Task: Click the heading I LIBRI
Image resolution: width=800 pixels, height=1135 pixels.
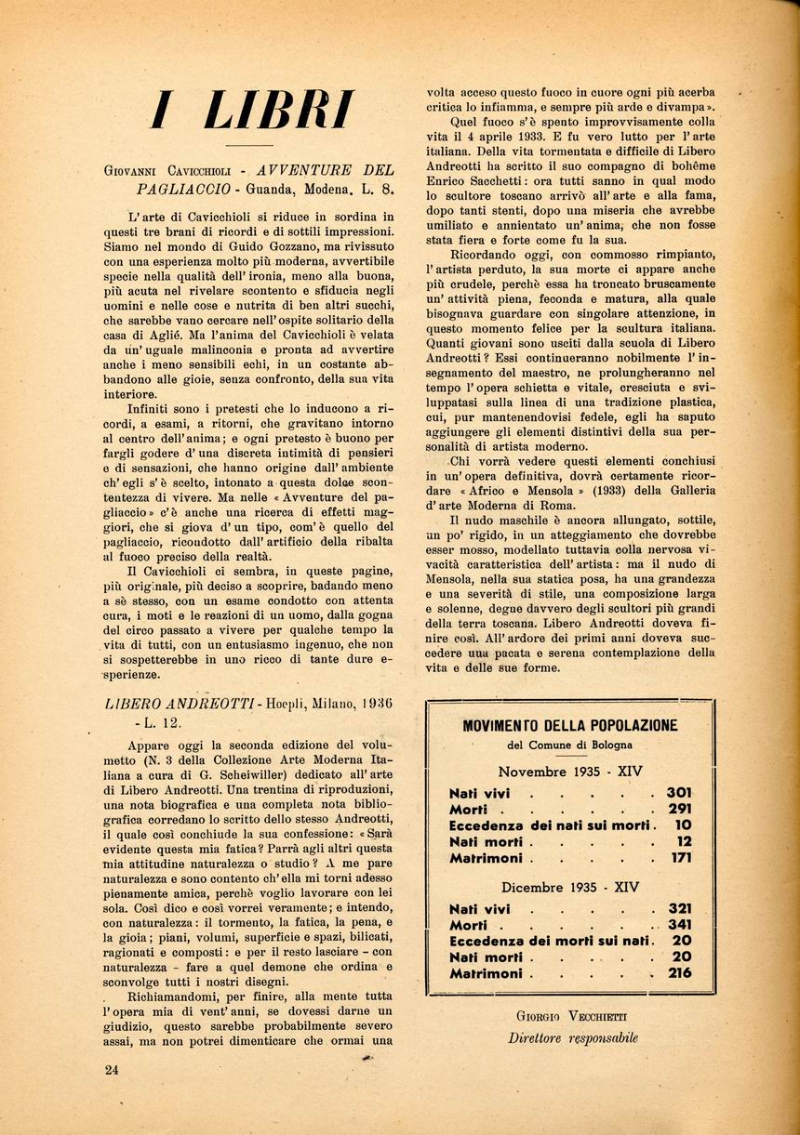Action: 252,110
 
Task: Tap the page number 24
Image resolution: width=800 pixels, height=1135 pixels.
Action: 113,1070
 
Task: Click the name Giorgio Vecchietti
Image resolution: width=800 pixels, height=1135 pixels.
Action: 571,1016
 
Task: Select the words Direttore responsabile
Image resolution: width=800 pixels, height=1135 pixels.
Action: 572,1038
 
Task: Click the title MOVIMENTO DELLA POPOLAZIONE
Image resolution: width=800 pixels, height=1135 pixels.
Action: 569,725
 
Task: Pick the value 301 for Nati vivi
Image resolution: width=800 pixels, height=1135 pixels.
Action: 678,793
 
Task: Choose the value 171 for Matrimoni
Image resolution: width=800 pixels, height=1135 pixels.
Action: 680,858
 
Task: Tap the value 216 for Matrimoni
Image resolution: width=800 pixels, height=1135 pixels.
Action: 679,973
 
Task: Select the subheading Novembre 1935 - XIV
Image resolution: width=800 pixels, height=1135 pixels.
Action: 570,772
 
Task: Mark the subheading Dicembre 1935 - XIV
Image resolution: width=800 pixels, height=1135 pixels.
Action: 570,887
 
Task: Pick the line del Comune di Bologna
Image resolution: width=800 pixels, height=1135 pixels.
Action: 569,746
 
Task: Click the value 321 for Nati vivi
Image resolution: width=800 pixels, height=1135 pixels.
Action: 679,908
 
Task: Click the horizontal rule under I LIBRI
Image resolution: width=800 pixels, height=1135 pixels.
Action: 249,146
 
